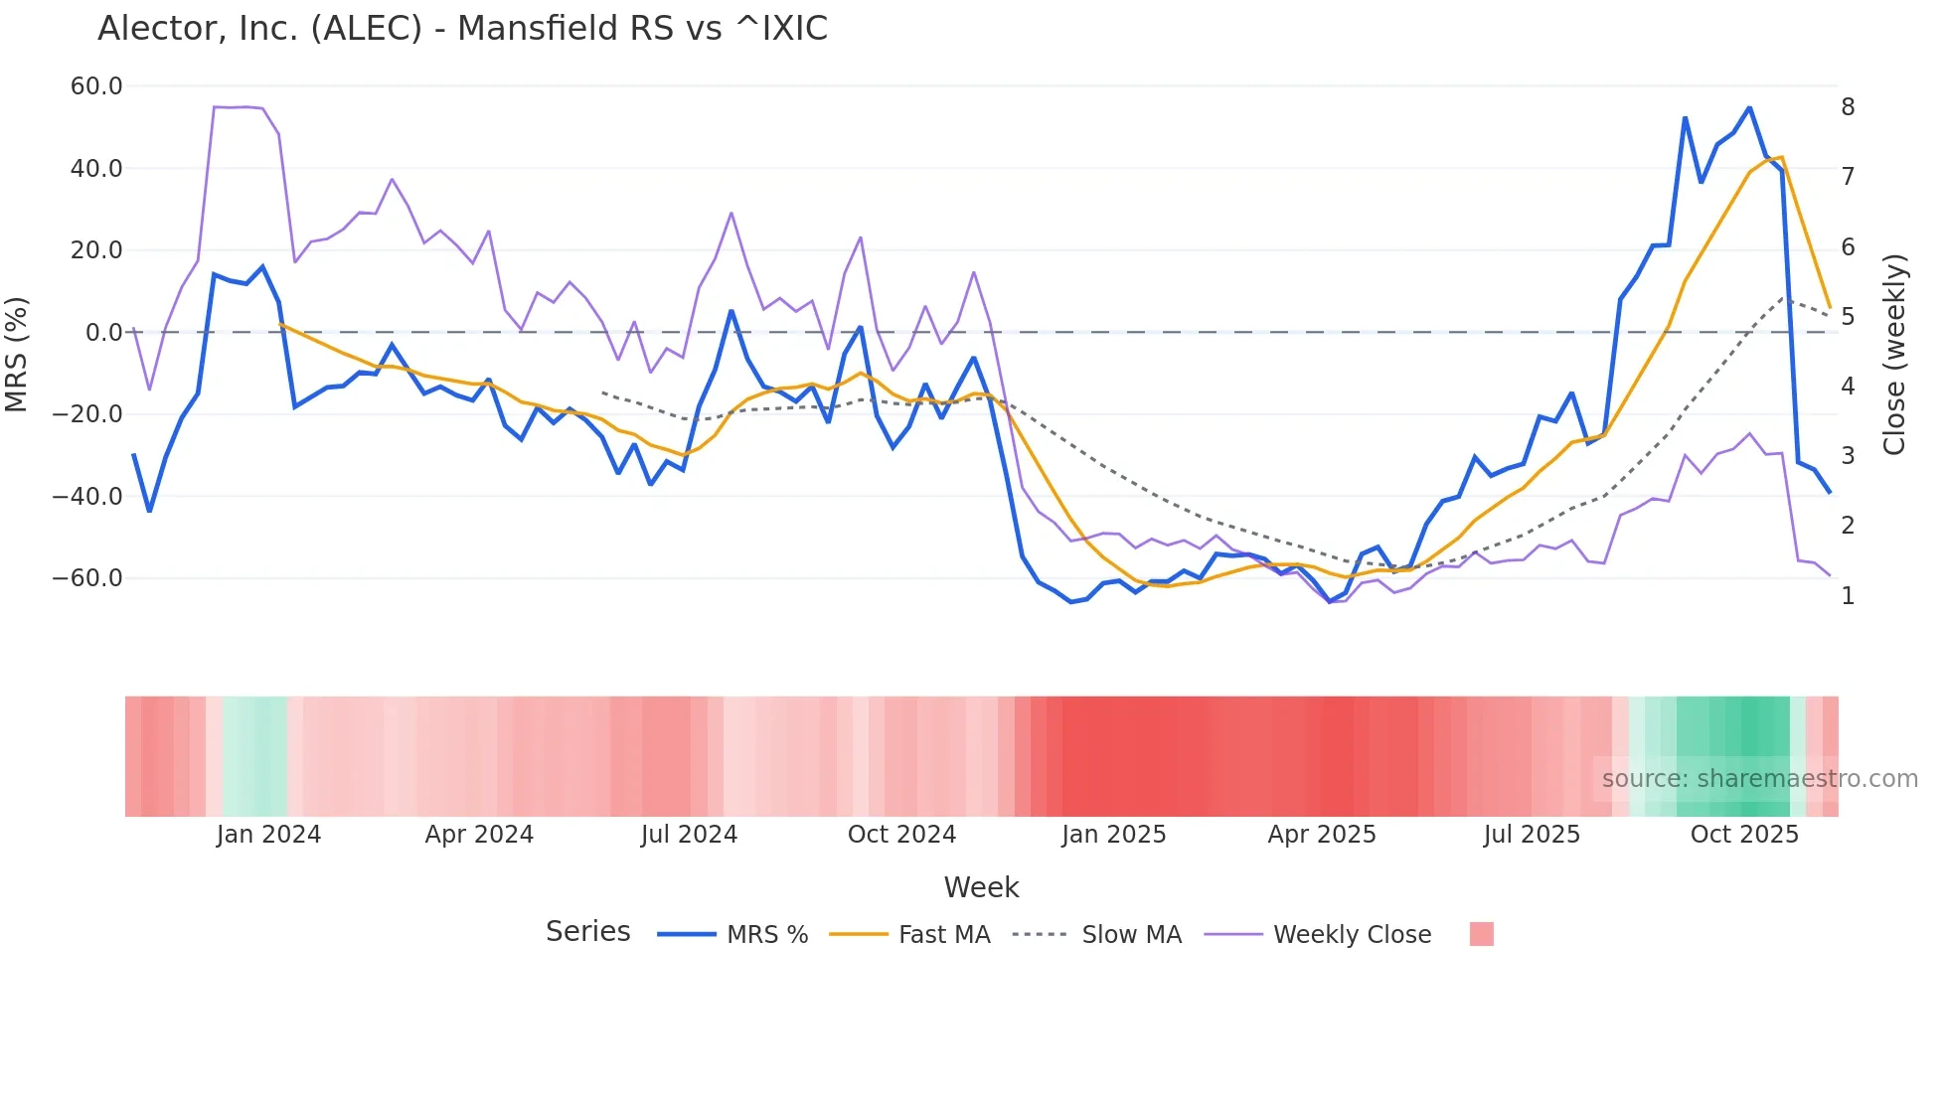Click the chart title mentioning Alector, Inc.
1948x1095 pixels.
coord(462,29)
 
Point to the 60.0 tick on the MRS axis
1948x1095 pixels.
coord(96,86)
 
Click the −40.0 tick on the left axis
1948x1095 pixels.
coord(87,496)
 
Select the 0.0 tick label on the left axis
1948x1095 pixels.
coord(103,332)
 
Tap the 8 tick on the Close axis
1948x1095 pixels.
coord(1848,107)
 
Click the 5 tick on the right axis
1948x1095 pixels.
coord(1848,317)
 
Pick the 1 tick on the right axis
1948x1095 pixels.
coord(1848,596)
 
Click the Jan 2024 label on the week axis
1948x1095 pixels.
coord(268,835)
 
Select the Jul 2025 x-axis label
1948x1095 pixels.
coord(1532,835)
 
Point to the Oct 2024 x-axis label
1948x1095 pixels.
coord(901,835)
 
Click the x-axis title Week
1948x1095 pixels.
coord(981,887)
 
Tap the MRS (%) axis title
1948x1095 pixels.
coord(16,354)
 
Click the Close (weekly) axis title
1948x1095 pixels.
coord(1894,355)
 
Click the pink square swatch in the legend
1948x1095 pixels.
coord(1481,934)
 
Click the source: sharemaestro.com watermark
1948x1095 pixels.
coord(1759,779)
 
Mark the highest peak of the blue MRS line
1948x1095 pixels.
coord(1749,107)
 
